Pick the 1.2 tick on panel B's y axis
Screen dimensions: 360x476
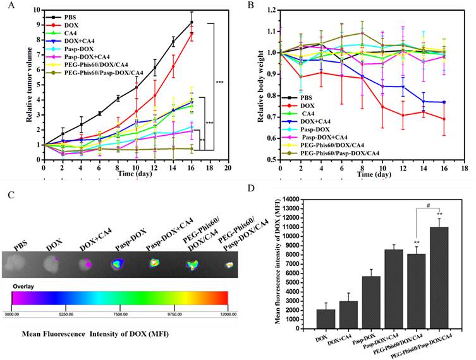(271, 10)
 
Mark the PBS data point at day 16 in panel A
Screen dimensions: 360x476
(192, 22)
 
